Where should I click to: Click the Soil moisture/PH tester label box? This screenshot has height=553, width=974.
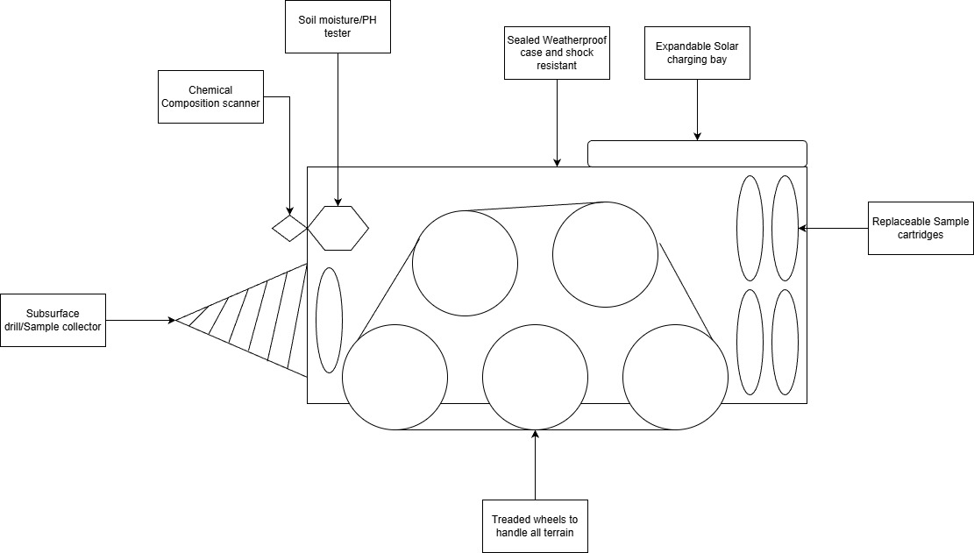click(x=338, y=26)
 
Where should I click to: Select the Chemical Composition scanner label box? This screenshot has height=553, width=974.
click(x=210, y=96)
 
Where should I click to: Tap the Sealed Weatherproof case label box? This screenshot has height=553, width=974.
click(x=557, y=53)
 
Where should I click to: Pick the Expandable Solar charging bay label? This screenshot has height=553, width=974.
click(x=697, y=53)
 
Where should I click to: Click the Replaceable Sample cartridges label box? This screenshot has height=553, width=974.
click(x=921, y=229)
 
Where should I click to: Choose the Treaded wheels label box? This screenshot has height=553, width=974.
click(x=535, y=527)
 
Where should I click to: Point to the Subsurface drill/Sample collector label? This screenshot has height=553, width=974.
click(x=53, y=320)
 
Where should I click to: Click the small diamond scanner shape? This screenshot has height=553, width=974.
click(x=289, y=229)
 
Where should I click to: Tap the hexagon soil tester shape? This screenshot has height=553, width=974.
click(x=338, y=229)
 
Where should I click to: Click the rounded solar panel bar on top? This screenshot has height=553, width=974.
click(x=697, y=154)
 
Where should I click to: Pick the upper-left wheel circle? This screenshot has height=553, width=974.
click(x=466, y=263)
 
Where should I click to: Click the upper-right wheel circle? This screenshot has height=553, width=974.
click(x=605, y=254)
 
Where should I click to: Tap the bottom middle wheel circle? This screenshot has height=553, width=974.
click(x=535, y=377)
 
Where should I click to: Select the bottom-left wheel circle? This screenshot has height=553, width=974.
click(x=395, y=377)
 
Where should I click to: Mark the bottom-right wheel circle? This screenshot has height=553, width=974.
click(x=675, y=377)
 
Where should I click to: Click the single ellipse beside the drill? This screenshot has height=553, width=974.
click(x=330, y=320)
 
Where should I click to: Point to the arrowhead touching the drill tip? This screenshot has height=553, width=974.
click(x=172, y=320)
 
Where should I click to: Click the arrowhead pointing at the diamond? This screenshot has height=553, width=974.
click(x=289, y=211)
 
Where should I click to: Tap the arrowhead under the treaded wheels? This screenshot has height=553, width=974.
click(x=535, y=434)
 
